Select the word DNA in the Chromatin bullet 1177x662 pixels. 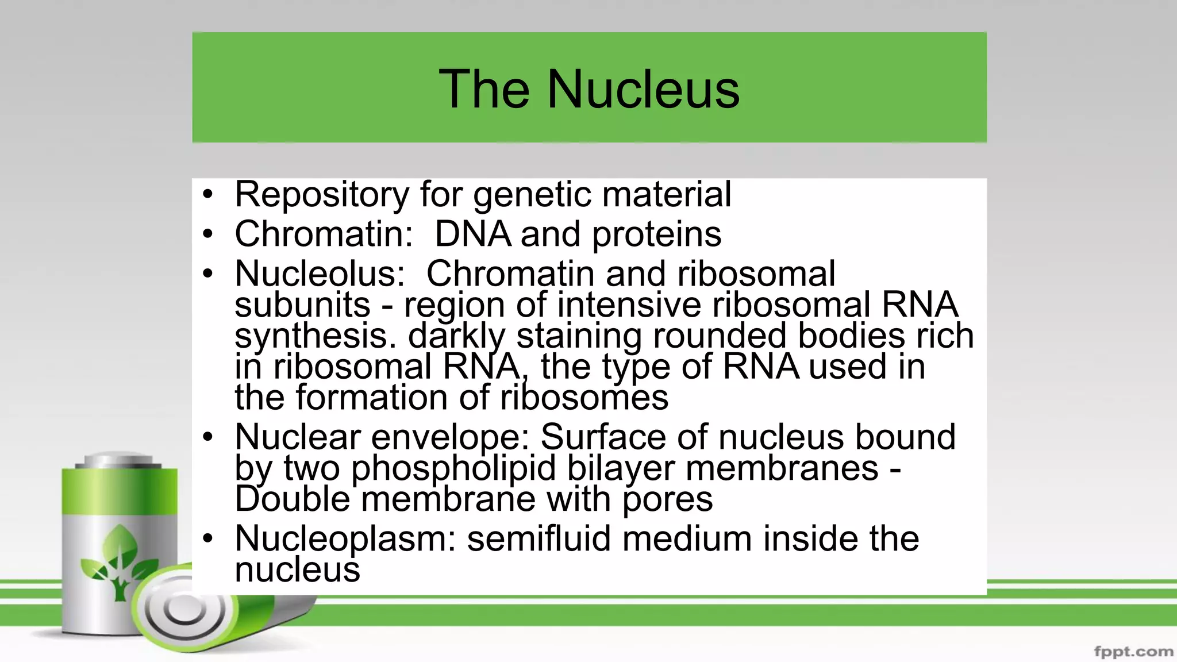[x=472, y=234]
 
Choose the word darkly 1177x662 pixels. [x=456, y=336]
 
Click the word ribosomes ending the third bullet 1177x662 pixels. [x=584, y=398]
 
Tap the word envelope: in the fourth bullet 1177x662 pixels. [x=450, y=437]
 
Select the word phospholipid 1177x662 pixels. [x=453, y=468]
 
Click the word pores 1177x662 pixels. [x=667, y=499]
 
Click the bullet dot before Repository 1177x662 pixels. [x=207, y=195]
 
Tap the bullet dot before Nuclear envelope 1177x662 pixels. [x=207, y=437]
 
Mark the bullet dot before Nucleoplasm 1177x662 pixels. [x=207, y=539]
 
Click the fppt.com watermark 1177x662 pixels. [x=1133, y=652]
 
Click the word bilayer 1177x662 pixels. [x=621, y=468]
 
